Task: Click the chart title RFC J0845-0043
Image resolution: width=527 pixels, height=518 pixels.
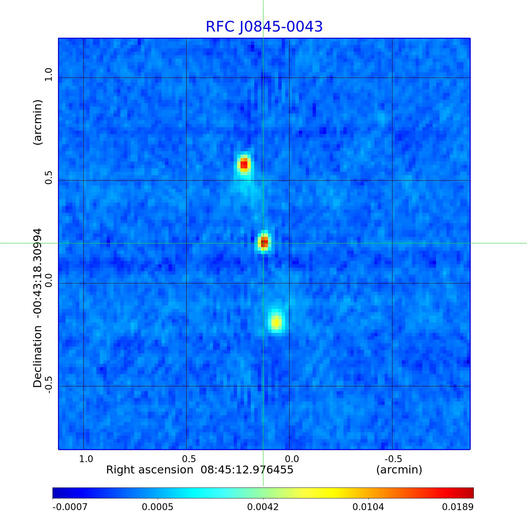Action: tap(264, 27)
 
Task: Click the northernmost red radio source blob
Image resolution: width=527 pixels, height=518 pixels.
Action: tap(244, 164)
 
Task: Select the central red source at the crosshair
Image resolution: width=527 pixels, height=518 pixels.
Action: tap(264, 243)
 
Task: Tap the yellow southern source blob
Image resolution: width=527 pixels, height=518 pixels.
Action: tap(276, 322)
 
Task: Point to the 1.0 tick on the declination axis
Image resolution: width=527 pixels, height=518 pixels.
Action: tap(49, 75)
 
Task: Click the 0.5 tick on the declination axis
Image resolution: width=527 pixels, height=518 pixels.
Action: tap(49, 178)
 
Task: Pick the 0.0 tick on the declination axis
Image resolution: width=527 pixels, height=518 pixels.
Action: tap(49, 280)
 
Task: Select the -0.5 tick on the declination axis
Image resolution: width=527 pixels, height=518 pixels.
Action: tap(49, 385)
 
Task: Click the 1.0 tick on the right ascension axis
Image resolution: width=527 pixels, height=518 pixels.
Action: tap(86, 459)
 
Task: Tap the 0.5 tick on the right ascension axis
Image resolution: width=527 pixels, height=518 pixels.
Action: tap(189, 459)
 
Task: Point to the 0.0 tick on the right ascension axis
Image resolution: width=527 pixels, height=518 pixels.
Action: tap(292, 459)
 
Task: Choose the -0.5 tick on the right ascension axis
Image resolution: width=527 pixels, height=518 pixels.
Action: tap(393, 459)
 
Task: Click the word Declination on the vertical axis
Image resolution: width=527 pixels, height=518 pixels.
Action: tap(37, 357)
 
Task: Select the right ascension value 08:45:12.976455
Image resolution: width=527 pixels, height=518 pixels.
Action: tap(247, 470)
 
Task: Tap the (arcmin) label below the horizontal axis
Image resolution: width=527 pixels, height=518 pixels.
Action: tap(399, 470)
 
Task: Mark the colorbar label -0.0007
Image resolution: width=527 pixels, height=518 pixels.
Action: tap(70, 507)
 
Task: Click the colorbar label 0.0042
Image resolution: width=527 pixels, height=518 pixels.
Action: tap(263, 507)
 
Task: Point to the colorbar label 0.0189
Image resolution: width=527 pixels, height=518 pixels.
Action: tap(457, 507)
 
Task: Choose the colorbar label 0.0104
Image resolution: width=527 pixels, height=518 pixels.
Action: tap(368, 507)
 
